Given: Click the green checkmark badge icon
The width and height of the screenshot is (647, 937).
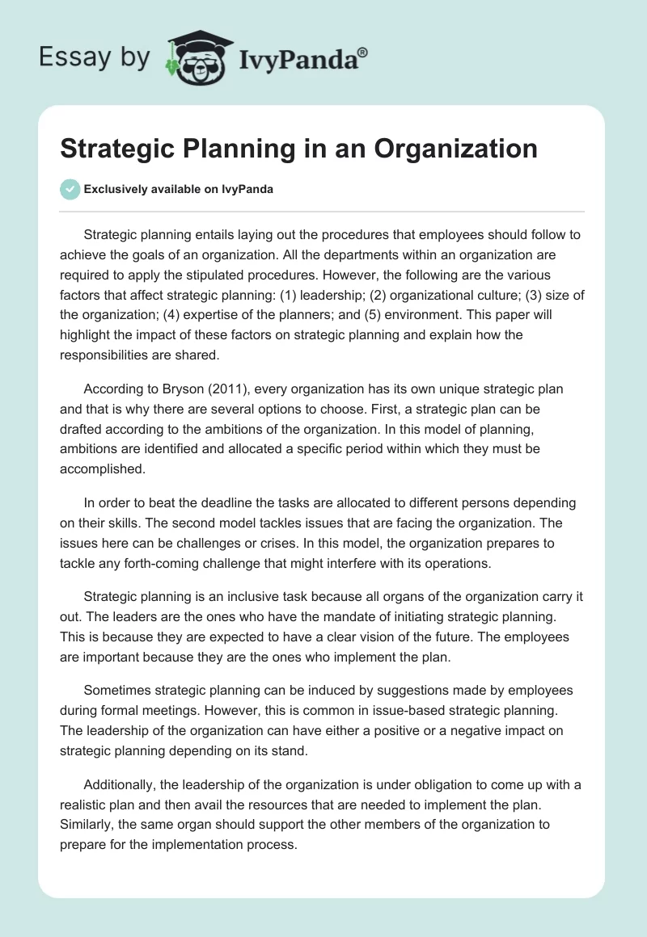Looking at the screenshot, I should tap(70, 189).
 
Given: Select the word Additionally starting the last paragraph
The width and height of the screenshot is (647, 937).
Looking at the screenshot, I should tap(121, 784).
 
